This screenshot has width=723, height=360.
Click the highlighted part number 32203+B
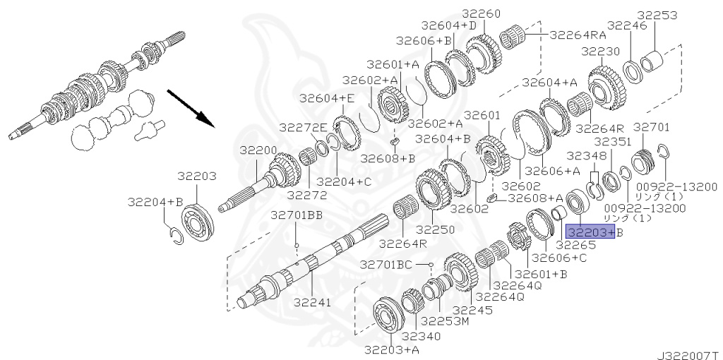pyautogui.click(x=594, y=232)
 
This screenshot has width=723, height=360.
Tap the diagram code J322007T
pyautogui.click(x=689, y=355)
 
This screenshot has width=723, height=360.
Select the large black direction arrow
pyautogui.click(x=191, y=108)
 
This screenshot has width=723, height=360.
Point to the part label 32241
pyautogui.click(x=313, y=302)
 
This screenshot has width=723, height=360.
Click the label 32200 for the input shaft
pyautogui.click(x=258, y=150)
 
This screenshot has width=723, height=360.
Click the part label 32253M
pyautogui.click(x=446, y=320)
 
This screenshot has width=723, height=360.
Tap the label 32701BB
pyautogui.click(x=297, y=215)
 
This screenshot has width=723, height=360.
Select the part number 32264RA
pyautogui.click(x=578, y=35)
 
